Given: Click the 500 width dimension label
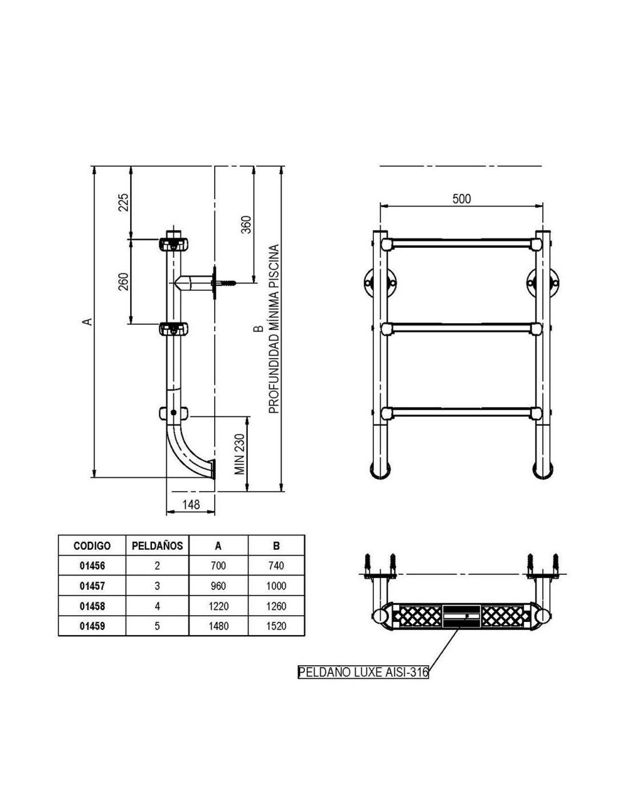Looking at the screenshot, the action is pyautogui.click(x=461, y=199).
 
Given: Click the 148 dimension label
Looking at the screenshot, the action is pyautogui.click(x=191, y=504).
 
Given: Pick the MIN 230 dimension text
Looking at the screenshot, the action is pyautogui.click(x=240, y=454).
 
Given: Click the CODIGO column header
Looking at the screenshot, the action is pyautogui.click(x=92, y=546).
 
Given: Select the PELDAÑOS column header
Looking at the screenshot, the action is pyautogui.click(x=157, y=545).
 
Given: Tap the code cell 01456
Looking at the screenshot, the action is pyautogui.click(x=92, y=566).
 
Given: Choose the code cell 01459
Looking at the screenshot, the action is pyautogui.click(x=92, y=626).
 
